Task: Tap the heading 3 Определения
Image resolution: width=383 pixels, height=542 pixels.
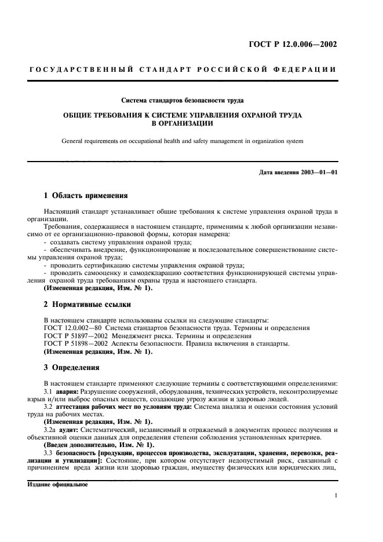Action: point(72,367)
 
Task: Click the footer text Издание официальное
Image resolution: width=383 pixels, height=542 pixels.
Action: point(57,485)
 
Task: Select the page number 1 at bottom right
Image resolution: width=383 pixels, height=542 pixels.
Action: point(335,496)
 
